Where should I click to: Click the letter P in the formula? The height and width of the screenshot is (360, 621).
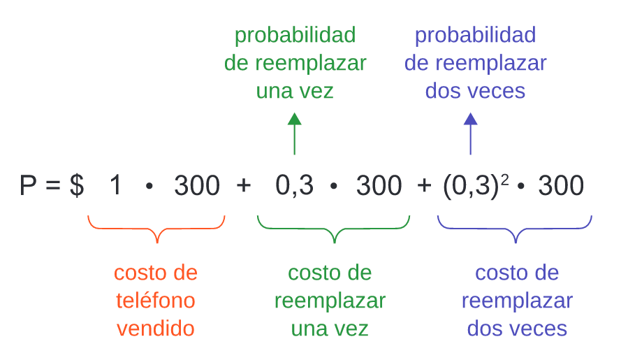(28, 185)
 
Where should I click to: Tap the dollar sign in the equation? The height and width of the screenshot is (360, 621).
(77, 185)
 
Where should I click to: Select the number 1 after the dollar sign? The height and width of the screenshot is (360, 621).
(115, 185)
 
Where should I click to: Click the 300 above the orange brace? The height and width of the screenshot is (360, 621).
(197, 185)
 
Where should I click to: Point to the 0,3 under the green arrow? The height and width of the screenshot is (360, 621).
(294, 185)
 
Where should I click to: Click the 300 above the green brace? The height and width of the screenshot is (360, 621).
(379, 185)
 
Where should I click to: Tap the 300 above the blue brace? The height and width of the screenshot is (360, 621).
(561, 185)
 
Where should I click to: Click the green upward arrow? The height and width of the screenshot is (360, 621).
(294, 134)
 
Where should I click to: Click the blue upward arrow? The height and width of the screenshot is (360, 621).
(471, 134)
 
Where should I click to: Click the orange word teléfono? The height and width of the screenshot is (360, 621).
(156, 300)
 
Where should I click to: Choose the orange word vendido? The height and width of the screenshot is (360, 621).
(156, 329)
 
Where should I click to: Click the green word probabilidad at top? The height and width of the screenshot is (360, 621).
(295, 35)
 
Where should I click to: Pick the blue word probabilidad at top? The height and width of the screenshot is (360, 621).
(475, 35)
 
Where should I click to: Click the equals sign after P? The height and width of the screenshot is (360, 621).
(52, 185)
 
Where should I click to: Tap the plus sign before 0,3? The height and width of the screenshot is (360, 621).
(244, 185)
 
